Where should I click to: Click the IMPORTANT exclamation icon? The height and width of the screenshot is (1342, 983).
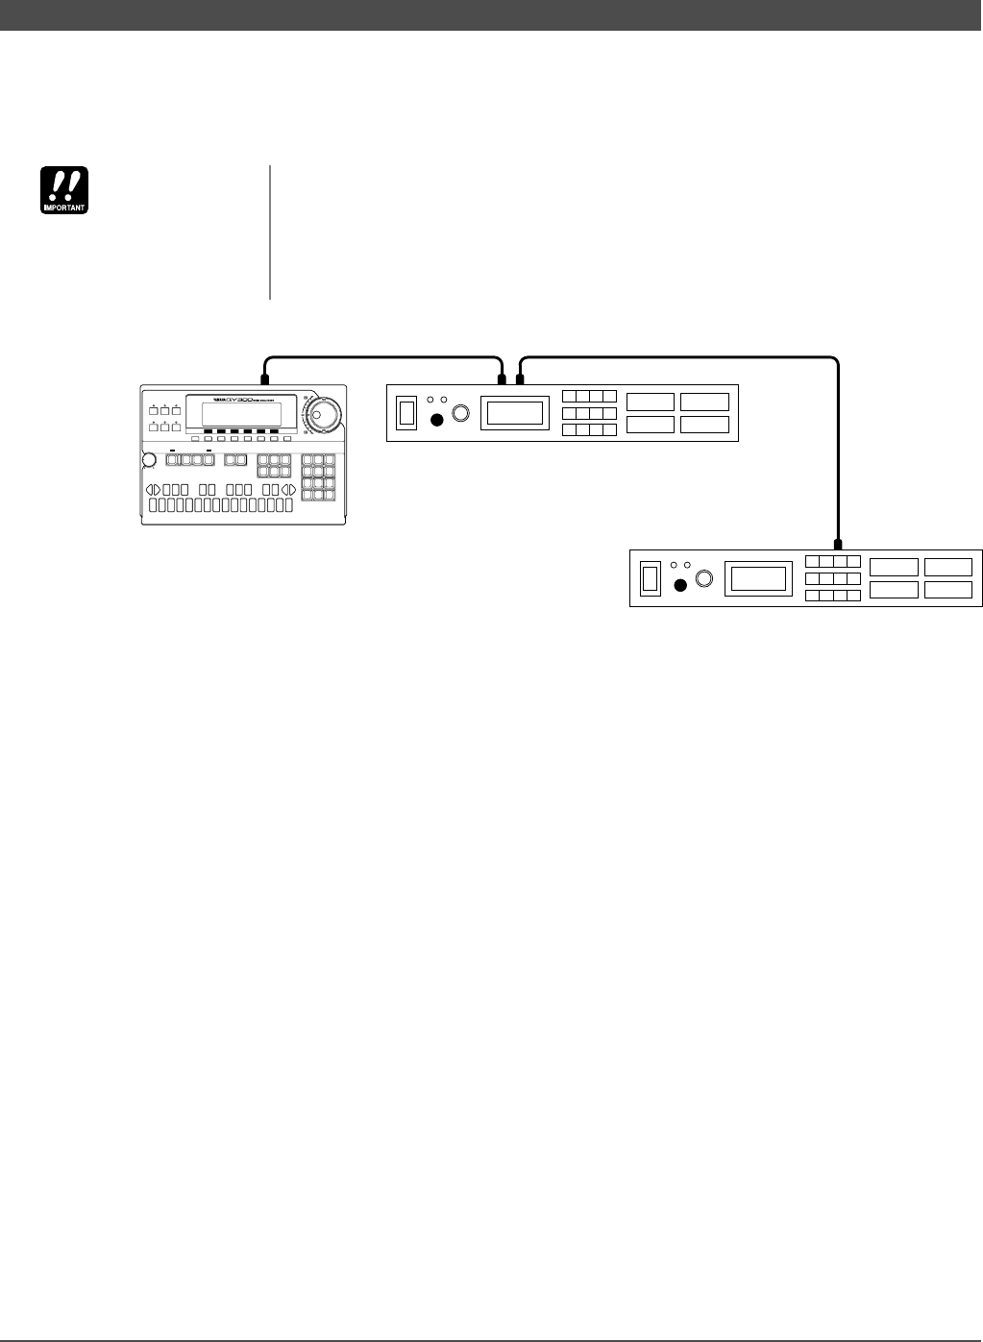63,190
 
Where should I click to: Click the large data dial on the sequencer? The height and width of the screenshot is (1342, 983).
322,415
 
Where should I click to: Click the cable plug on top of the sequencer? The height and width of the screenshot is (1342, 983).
264,378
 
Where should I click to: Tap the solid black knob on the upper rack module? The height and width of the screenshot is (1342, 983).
438,419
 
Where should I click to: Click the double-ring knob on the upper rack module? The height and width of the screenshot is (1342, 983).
461,413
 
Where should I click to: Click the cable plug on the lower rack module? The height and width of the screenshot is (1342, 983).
838,544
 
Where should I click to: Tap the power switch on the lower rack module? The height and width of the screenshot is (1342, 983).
650,578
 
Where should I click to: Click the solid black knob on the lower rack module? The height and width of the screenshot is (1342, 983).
681,585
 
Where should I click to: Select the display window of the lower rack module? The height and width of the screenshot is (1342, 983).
757,578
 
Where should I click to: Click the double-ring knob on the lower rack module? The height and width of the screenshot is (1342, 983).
704,578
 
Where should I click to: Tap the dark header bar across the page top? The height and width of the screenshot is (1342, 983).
491,14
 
